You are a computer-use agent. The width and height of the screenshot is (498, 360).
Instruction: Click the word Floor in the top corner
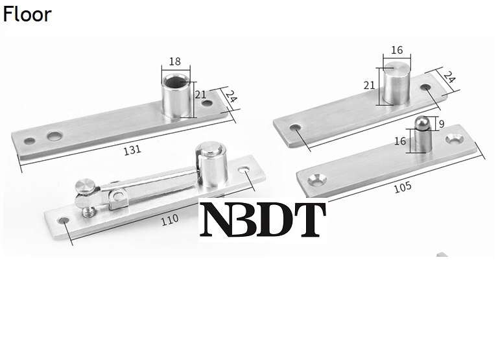click(27, 14)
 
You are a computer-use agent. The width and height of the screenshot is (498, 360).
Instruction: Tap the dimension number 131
click(132, 150)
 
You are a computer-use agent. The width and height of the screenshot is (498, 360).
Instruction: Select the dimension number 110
click(170, 219)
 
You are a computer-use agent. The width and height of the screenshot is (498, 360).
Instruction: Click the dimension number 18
click(174, 62)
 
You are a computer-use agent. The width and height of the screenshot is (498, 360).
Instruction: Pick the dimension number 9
click(440, 123)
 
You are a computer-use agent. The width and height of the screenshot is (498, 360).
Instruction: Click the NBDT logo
click(263, 219)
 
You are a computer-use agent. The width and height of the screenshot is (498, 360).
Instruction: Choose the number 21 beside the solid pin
click(369, 86)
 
